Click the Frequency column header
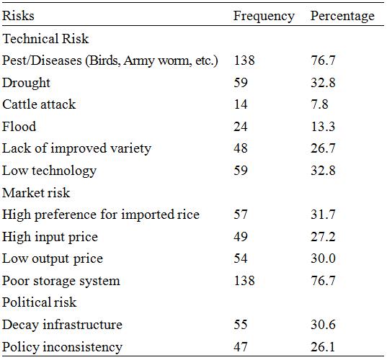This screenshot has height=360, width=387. click(x=264, y=17)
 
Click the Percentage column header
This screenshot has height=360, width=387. click(x=342, y=17)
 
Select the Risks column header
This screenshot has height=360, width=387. click(x=18, y=16)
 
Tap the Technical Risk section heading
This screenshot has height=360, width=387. click(x=45, y=39)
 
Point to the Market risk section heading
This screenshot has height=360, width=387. click(x=36, y=192)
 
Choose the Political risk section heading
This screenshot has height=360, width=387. click(x=40, y=302)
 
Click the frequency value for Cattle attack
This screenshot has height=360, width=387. click(x=241, y=104)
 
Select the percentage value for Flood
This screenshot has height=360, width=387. click(x=323, y=127)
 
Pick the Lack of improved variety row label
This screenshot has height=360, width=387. click(x=77, y=149)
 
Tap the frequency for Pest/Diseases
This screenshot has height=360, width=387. click(x=244, y=60)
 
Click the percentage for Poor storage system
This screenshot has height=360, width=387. click(x=323, y=281)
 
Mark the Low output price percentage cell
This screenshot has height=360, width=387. click(x=323, y=258)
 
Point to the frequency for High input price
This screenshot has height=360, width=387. click(x=241, y=236)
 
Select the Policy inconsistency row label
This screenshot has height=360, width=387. click(x=62, y=347)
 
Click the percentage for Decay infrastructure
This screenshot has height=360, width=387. click(x=323, y=325)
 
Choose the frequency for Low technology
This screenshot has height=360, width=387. click(x=241, y=171)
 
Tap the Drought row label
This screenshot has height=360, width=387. click(x=26, y=83)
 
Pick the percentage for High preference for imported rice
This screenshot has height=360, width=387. click(x=323, y=215)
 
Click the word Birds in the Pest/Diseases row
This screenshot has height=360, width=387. click(x=105, y=60)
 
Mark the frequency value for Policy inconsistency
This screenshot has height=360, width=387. click(x=241, y=346)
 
